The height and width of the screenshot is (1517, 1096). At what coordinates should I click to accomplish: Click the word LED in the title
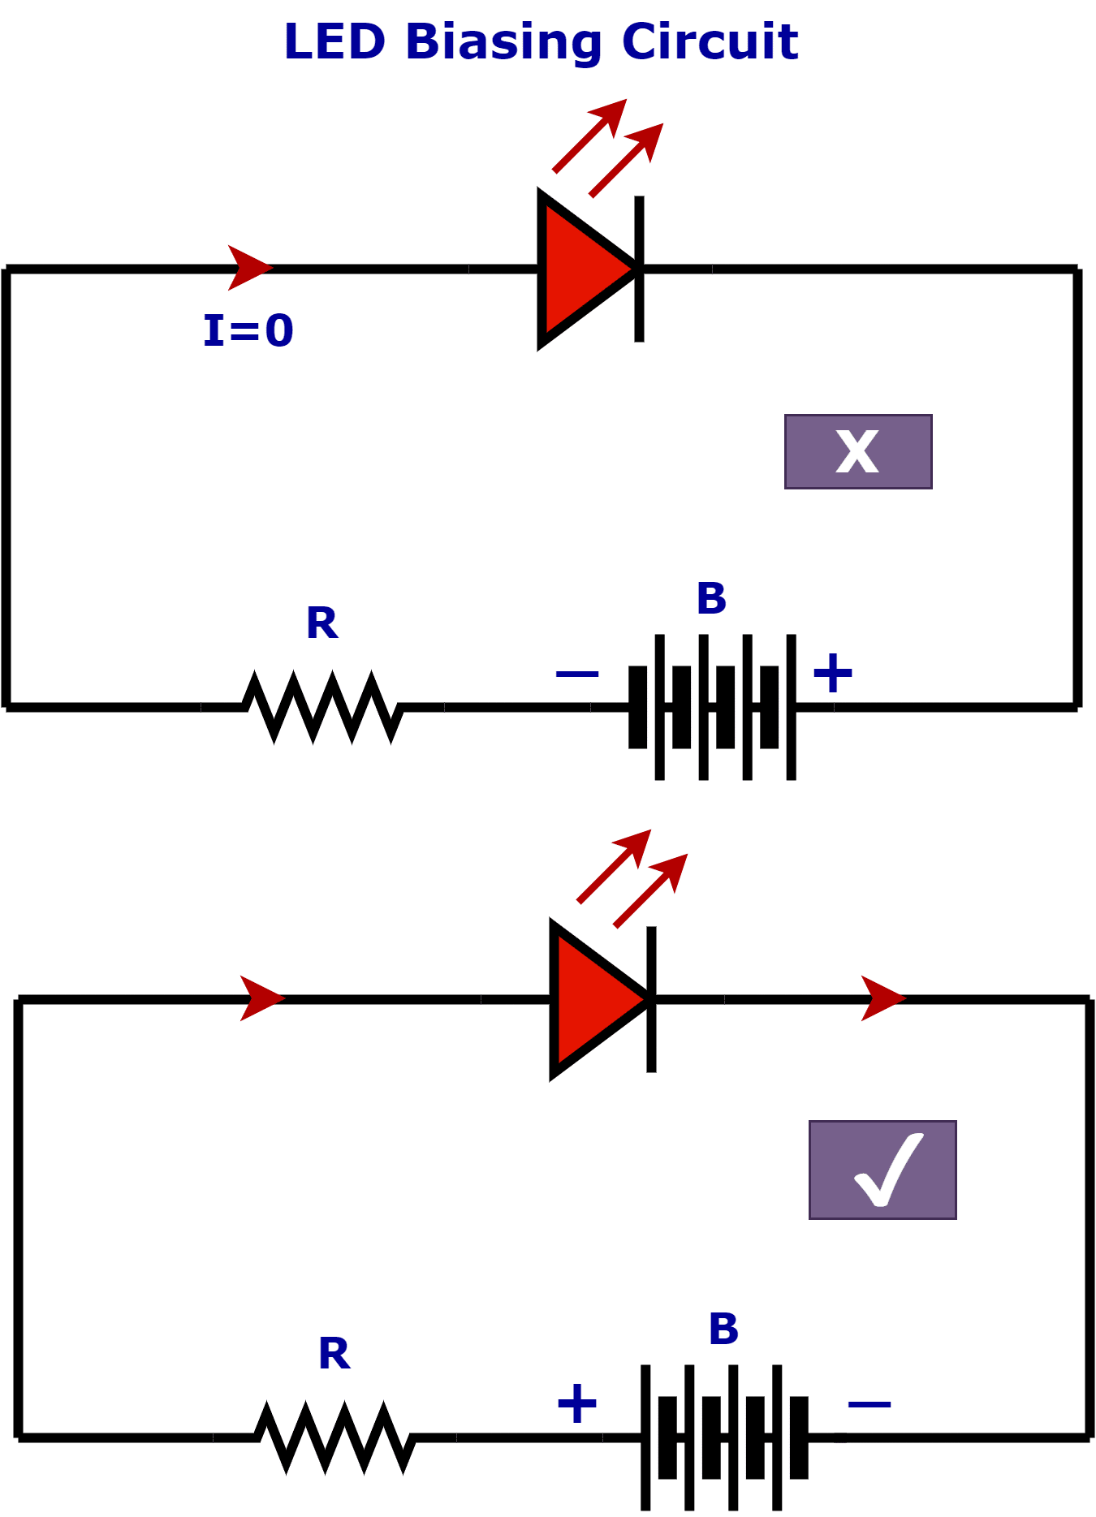334,42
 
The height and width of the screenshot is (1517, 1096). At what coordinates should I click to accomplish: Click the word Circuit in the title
710,42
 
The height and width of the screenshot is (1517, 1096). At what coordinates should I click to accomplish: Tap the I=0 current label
248,331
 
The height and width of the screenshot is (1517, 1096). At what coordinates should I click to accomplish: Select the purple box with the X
858,452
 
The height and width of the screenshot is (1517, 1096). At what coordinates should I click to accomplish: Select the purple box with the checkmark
882,1170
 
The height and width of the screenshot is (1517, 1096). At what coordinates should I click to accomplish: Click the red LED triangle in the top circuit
580,269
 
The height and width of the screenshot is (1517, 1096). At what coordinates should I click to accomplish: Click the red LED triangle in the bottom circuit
592,1000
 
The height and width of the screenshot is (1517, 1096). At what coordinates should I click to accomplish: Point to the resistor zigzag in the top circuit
323,707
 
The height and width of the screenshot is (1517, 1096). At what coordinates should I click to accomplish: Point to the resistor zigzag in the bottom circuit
335,1437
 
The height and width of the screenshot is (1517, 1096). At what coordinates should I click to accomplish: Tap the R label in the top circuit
321,623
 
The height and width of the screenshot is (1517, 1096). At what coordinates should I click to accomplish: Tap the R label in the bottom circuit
334,1354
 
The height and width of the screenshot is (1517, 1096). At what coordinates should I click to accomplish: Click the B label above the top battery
711,599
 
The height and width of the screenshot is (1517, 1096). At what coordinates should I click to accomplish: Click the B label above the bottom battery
723,1330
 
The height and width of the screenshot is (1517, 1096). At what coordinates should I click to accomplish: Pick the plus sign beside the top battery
833,673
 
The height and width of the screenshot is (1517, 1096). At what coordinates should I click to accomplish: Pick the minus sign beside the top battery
577,674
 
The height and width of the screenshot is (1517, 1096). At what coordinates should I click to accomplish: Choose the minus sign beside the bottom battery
869,1404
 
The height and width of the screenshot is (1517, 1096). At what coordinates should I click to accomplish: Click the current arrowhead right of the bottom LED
882,998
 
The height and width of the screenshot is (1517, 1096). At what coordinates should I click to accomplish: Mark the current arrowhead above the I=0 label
248,268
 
